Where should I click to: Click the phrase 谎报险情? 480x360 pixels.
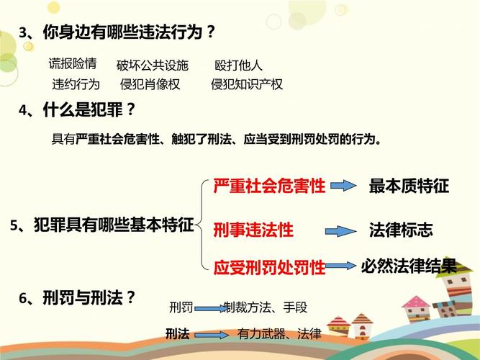tap(73, 63)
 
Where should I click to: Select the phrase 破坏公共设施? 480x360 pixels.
tap(152, 66)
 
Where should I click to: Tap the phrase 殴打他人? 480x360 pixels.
tap(239, 66)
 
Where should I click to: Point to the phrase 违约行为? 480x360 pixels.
tap(76, 84)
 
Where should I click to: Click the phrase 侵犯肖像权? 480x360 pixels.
tap(150, 84)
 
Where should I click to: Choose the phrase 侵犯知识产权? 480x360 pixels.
tap(247, 84)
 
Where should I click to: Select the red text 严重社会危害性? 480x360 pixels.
tap(270, 186)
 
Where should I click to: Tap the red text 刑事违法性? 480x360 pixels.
tap(253, 230)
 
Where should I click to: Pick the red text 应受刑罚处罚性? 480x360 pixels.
tap(270, 268)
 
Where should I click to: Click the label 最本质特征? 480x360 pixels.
tap(409, 186)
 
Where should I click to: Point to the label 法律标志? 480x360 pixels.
tap(401, 230)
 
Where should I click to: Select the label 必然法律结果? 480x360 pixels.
tap(409, 266)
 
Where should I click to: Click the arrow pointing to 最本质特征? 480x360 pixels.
tap(344, 186)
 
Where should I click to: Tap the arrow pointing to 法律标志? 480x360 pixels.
tap(340, 231)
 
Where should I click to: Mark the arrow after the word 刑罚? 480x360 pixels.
tap(209, 309)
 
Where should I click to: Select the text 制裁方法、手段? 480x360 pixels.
tap(266, 307)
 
